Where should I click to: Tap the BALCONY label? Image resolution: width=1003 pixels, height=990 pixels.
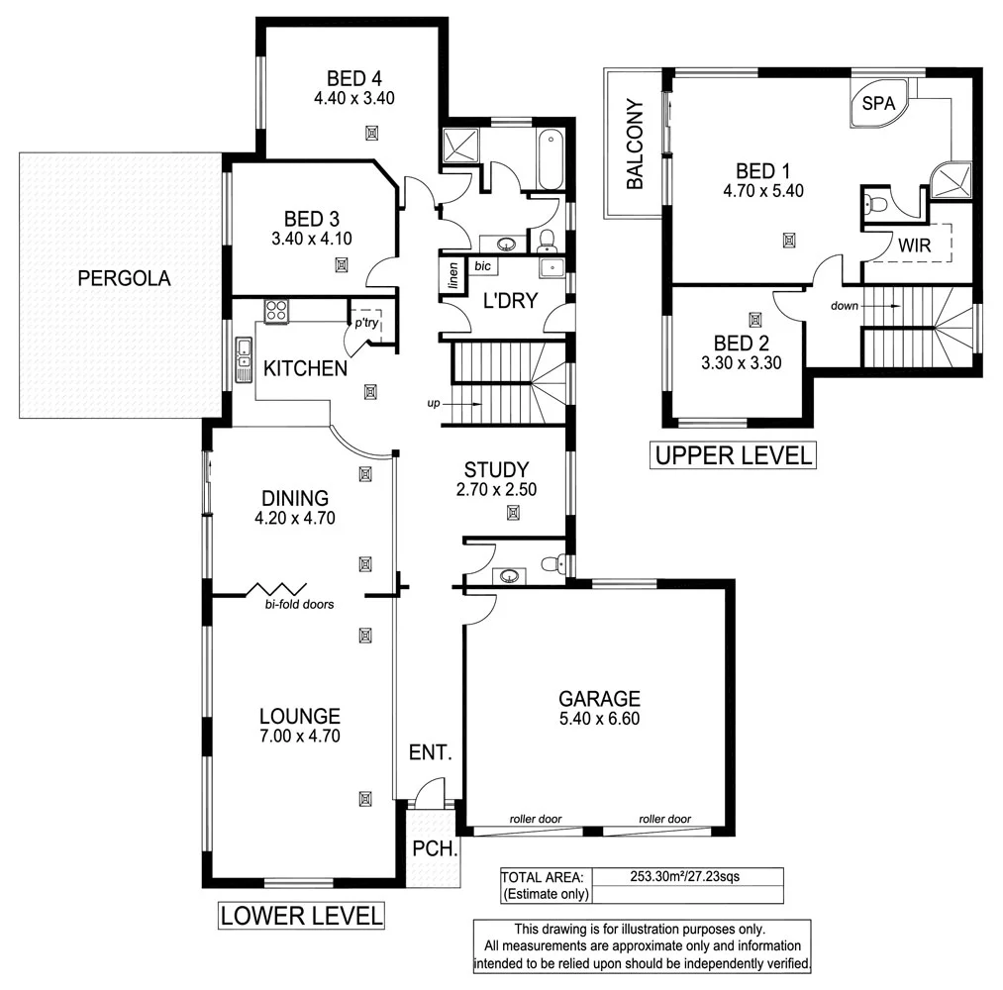(635, 145)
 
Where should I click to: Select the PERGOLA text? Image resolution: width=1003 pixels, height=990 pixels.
(124, 279)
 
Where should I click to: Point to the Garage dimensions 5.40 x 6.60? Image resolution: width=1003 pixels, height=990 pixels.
(598, 719)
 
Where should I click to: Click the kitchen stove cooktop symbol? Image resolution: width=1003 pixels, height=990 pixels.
(275, 311)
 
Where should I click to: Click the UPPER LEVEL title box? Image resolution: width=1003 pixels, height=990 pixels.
(732, 455)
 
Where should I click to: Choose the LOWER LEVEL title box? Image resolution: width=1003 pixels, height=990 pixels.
(301, 915)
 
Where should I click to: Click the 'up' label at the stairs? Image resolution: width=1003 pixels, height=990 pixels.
(433, 404)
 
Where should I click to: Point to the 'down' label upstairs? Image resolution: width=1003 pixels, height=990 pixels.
(845, 306)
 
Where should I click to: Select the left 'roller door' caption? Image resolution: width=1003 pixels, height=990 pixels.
(536, 819)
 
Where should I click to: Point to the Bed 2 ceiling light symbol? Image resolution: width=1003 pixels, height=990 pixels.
(755, 320)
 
